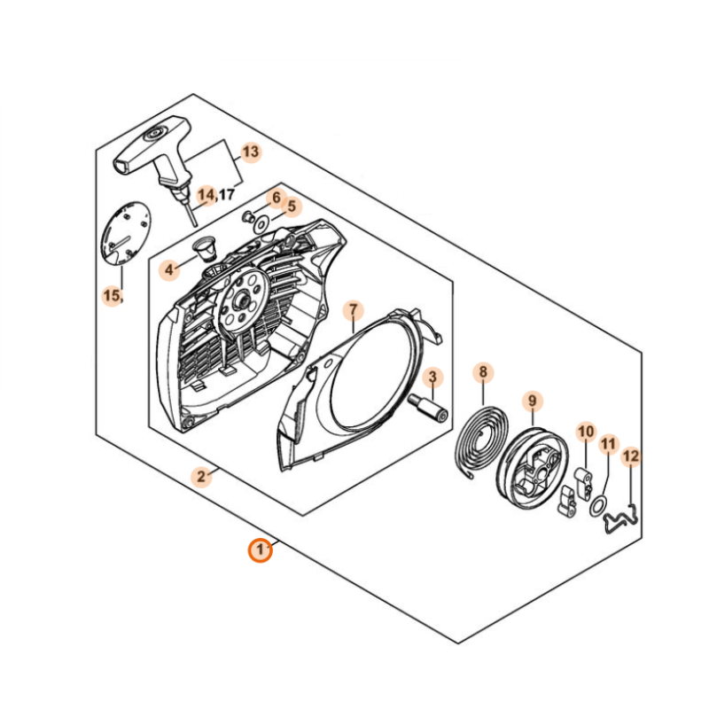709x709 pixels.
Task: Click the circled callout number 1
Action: click(260, 550)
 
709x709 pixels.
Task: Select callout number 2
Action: click(201, 476)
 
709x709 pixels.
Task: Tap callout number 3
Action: click(432, 377)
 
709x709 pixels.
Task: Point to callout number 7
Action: click(353, 311)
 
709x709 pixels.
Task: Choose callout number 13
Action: click(251, 152)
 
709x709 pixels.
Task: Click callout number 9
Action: click(533, 401)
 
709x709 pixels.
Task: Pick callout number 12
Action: click(631, 456)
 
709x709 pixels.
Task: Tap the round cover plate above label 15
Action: click(124, 233)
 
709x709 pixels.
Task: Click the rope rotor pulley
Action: click(533, 467)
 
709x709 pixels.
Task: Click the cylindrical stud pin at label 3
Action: click(428, 409)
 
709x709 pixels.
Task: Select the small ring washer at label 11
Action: click(597, 505)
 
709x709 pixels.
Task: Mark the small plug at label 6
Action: click(248, 216)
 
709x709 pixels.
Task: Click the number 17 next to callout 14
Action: click(227, 194)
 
